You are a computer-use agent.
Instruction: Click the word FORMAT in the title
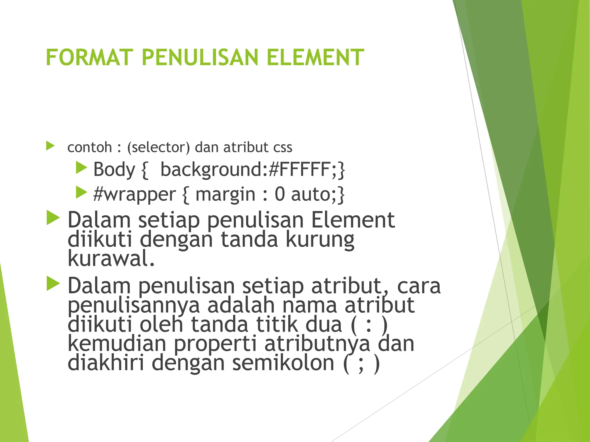point(89,58)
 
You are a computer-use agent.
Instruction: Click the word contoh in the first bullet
point(90,147)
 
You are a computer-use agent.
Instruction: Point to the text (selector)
point(159,147)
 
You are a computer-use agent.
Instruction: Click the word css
point(283,147)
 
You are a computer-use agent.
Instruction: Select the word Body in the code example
point(114,169)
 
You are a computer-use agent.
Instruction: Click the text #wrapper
point(135,195)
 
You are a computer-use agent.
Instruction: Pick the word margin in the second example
point(226,195)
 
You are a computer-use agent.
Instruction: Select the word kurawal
point(111,258)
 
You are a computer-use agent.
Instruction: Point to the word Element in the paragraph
point(353,220)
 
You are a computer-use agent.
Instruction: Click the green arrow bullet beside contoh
point(50,146)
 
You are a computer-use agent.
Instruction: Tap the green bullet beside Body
point(81,167)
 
